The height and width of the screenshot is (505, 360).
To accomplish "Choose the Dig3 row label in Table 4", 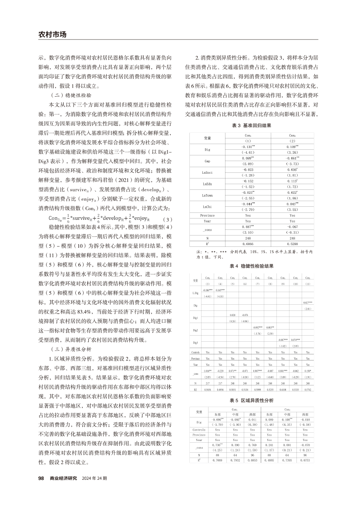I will tap(195, 332).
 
